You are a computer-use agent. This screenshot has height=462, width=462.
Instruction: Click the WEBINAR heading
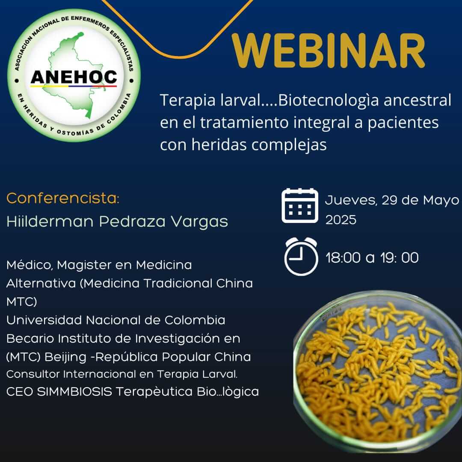(328, 50)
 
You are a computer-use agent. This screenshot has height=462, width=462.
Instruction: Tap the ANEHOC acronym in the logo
(74, 77)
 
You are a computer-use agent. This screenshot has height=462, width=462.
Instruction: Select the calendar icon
(299, 205)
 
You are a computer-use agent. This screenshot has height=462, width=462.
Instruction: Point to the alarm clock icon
(301, 256)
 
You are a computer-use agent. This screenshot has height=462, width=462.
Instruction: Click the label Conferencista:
(63, 198)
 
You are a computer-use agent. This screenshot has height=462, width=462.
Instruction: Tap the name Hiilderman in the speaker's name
(50, 221)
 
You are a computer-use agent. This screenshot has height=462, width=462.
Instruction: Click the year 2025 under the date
(341, 220)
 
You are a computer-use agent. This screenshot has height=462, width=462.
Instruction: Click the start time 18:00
(343, 258)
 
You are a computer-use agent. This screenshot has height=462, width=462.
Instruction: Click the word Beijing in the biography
(65, 357)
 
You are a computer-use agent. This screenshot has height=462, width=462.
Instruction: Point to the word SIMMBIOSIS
(74, 392)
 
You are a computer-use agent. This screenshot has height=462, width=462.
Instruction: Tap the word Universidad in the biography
(44, 320)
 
